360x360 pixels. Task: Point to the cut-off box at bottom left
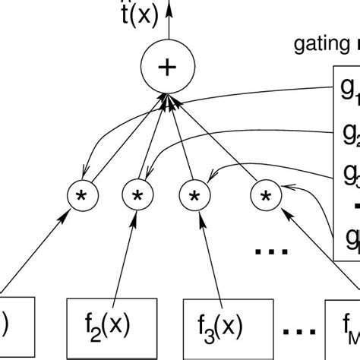click(x=11, y=327)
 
